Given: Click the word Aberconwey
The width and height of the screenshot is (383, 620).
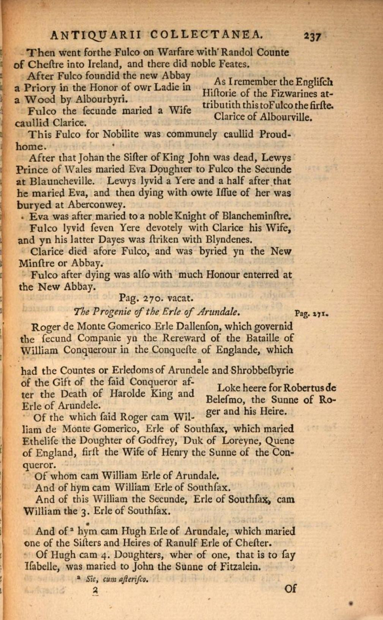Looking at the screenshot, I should [95, 205].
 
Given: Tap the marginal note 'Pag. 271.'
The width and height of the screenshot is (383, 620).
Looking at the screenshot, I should [312, 313].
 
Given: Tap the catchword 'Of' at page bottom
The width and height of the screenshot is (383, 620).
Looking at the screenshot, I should [290, 589].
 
